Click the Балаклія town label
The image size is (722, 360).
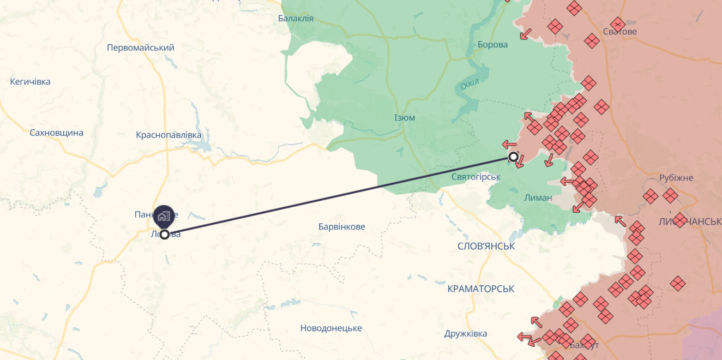click(x=296, y=19)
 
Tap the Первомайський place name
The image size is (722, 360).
click(x=141, y=47)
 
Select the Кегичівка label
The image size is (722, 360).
click(x=30, y=82)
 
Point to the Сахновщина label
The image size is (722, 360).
click(x=56, y=133)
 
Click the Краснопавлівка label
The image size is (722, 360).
click(x=169, y=135)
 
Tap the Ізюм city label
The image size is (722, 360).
click(x=404, y=118)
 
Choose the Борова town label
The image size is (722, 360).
click(x=492, y=45)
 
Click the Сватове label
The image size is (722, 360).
click(x=620, y=32)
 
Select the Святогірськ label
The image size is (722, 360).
click(x=476, y=177)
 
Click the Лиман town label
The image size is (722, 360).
click(x=538, y=197)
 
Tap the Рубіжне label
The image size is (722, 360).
click(x=676, y=178)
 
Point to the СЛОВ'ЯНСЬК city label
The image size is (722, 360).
click(x=486, y=246)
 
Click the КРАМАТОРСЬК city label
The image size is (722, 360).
click(x=480, y=289)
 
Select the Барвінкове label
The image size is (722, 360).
click(x=342, y=226)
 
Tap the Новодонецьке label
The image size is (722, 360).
click(x=331, y=328)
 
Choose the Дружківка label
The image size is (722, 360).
click(x=466, y=333)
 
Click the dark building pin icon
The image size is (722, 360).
click(x=164, y=217)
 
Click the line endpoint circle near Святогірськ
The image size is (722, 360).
click(x=513, y=157)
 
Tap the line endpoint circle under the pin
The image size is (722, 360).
click(x=164, y=235)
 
